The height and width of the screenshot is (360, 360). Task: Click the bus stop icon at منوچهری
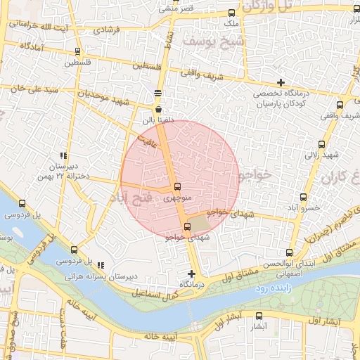[176, 187]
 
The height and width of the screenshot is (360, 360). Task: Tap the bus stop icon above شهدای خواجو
[186, 226]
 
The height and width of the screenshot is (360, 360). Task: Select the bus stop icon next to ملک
[233, 13]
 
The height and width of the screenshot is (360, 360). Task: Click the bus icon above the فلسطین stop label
[77, 51]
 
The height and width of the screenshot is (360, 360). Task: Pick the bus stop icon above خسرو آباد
[304, 197]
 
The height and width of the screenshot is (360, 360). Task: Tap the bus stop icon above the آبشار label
[259, 316]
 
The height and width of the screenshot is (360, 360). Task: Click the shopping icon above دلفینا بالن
[157, 110]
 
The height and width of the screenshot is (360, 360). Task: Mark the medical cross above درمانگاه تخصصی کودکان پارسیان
[281, 83]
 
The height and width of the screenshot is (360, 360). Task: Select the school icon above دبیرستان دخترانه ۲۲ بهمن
[64, 156]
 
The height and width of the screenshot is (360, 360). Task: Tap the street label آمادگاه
[34, 46]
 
